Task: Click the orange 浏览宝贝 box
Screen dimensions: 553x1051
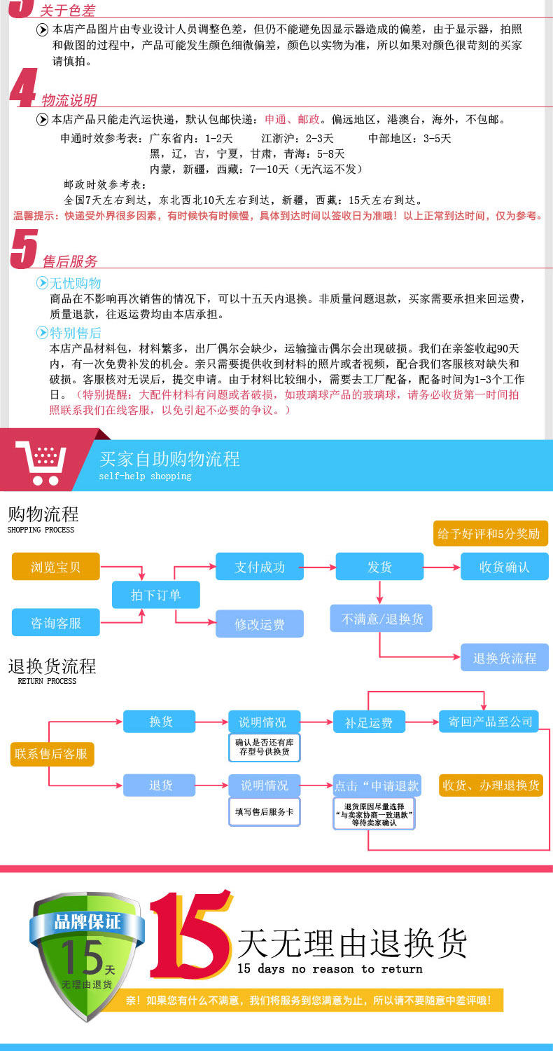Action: click(56, 566)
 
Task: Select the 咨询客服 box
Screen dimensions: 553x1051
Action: click(56, 622)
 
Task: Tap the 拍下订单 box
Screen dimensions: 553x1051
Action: click(155, 595)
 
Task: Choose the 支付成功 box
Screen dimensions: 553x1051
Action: click(260, 567)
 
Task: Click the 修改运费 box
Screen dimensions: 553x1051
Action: click(260, 624)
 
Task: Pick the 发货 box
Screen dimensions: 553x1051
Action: click(379, 567)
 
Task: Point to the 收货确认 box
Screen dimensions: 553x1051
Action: click(504, 567)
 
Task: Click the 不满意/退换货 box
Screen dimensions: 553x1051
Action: click(381, 619)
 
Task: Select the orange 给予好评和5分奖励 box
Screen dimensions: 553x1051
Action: click(489, 533)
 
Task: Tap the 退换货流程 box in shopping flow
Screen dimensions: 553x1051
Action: click(504, 658)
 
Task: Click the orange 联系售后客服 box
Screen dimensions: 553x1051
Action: click(52, 754)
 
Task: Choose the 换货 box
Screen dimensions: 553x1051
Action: click(160, 722)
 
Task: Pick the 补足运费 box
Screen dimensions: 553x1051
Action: click(369, 722)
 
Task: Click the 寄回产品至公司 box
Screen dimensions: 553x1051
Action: click(488, 722)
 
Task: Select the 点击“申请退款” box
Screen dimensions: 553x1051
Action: click(377, 785)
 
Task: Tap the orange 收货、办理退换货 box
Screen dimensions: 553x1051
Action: click(491, 785)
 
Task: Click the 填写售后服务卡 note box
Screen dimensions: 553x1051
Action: click(264, 812)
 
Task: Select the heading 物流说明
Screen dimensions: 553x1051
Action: click(69, 99)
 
